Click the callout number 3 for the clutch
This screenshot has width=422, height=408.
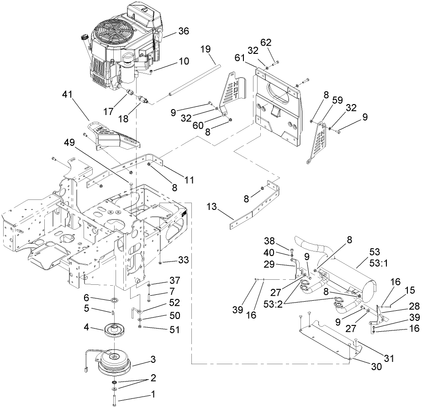(154, 360)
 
